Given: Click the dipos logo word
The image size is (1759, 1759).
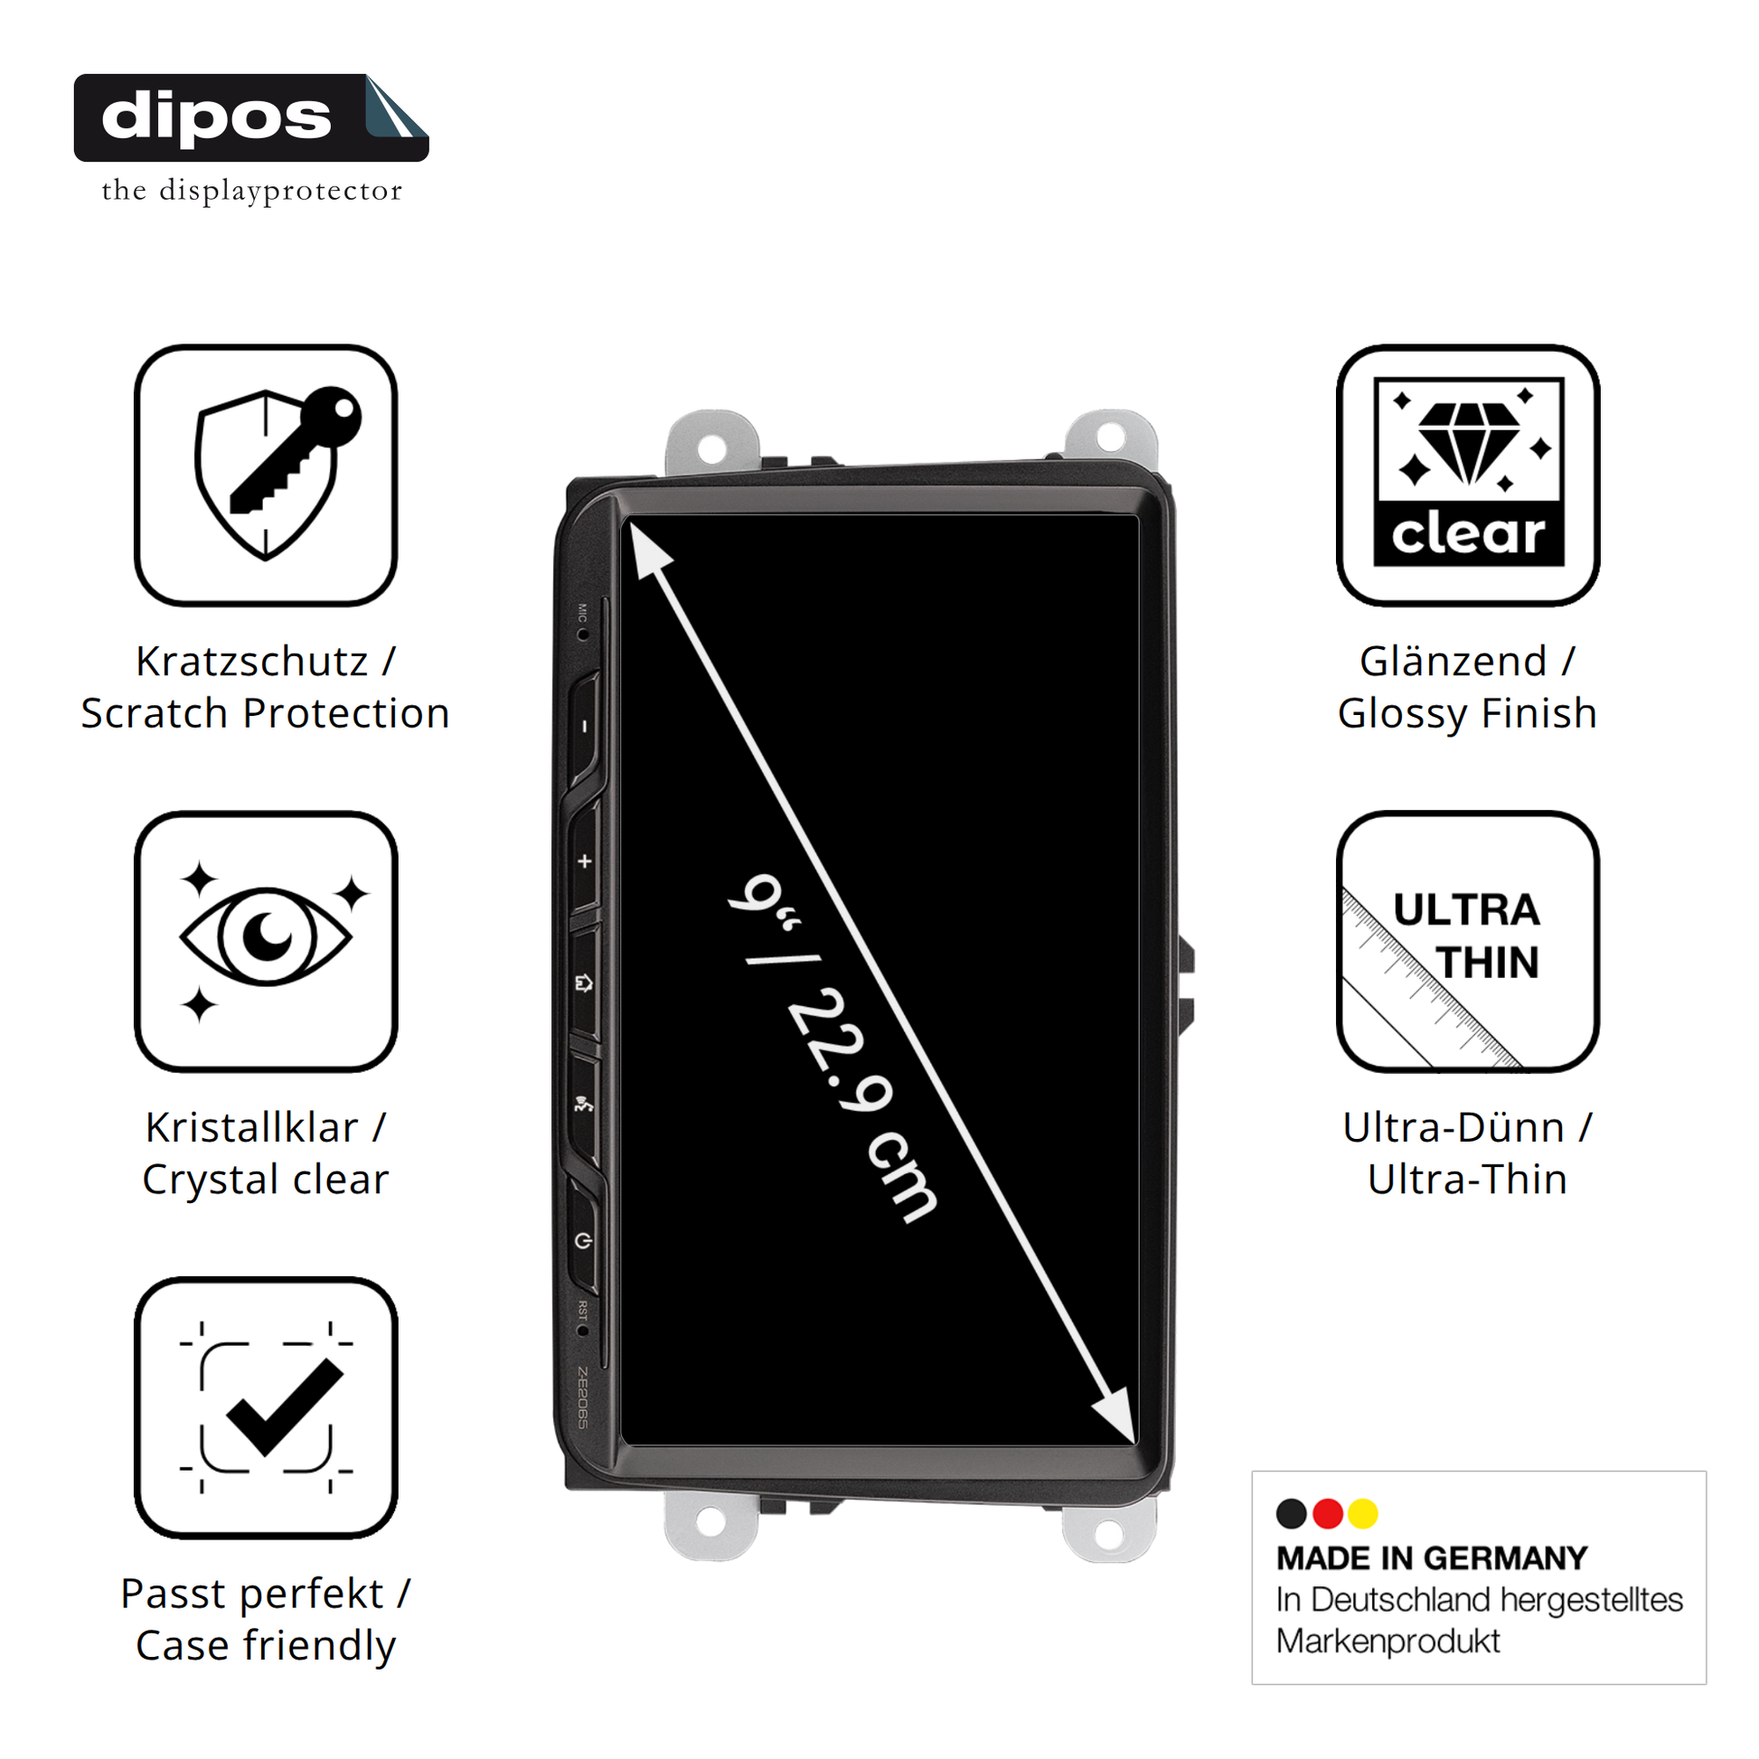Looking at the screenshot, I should pyautogui.click(x=216, y=118).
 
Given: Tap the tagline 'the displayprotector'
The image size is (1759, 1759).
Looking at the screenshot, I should pyautogui.click(x=251, y=191).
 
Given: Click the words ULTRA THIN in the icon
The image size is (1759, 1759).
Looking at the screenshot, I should pyautogui.click(x=1467, y=936).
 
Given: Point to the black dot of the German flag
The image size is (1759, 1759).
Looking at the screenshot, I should pyautogui.click(x=1291, y=1513).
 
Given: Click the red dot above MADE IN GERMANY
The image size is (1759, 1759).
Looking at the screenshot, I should pyautogui.click(x=1328, y=1513).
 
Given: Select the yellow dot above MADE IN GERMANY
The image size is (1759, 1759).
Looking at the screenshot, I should pyautogui.click(x=1363, y=1513).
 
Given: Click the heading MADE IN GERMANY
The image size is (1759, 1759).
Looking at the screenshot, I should pyautogui.click(x=1431, y=1557).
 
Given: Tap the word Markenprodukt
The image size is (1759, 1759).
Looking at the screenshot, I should pyautogui.click(x=1387, y=1641).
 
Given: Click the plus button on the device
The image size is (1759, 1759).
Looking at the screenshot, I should pyautogui.click(x=585, y=861).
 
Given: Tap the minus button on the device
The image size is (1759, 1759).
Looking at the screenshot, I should pyautogui.click(x=585, y=727).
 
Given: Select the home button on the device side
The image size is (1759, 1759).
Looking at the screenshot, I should pyautogui.click(x=585, y=983).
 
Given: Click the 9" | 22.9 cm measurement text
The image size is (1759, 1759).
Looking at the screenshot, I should pyautogui.click(x=833, y=1047).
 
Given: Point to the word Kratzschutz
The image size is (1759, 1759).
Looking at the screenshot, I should pyautogui.click(x=252, y=661).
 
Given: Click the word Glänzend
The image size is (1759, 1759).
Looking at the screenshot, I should pyautogui.click(x=1453, y=661).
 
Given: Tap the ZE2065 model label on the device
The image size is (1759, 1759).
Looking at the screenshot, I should pyautogui.click(x=583, y=1397).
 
